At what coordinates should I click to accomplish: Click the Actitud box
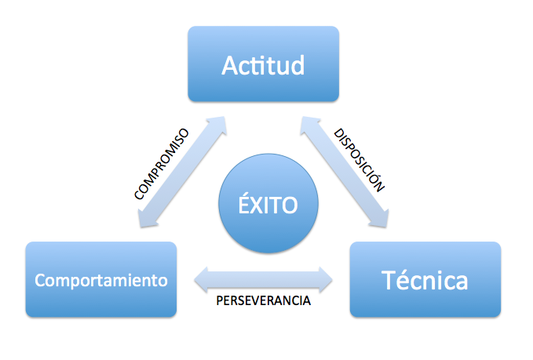tap(264, 64)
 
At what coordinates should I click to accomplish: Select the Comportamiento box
tap(101, 279)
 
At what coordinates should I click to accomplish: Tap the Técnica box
tap(425, 279)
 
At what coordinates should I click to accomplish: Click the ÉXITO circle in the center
tap(268, 203)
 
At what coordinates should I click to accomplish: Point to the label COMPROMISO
tap(162, 164)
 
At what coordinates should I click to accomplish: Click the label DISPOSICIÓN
tap(359, 160)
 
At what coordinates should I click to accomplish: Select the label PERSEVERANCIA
tap(264, 300)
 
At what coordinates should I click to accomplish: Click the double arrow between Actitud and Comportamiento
tap(182, 172)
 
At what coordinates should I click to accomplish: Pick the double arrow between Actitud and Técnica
tap(345, 172)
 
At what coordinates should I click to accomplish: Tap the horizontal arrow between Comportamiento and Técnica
tap(264, 280)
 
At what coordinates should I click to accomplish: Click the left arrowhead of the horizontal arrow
tap(201, 280)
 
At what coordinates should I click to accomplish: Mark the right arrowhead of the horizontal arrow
tap(326, 280)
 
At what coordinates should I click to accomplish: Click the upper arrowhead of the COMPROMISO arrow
tap(217, 125)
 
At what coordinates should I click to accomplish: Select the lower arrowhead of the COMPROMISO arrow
tap(147, 218)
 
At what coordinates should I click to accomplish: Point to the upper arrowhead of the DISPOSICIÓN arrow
tap(309, 125)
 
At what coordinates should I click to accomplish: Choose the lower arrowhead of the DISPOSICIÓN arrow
tap(379, 218)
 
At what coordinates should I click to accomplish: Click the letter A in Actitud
tap(230, 65)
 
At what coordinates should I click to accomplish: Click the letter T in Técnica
tap(389, 280)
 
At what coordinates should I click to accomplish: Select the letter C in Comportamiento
tap(41, 280)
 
